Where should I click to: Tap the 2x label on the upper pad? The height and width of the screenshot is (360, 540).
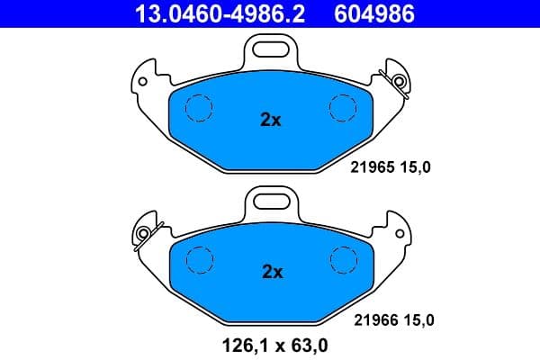(x=271, y=119)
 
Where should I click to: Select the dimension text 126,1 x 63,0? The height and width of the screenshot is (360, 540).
(x=270, y=342)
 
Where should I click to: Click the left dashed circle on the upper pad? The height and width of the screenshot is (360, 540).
(x=198, y=108)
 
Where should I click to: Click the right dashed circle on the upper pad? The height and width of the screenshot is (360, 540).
(x=344, y=108)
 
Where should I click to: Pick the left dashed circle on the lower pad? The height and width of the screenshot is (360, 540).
(x=199, y=260)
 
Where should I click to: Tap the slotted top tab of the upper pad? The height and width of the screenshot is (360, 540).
(x=271, y=47)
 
